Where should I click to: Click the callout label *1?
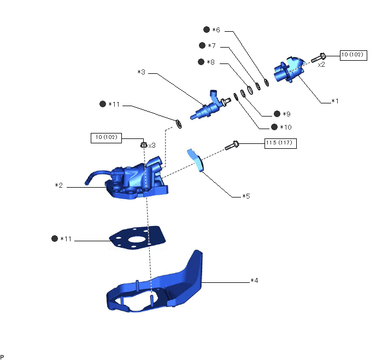click(335, 101)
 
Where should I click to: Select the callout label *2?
click(58, 186)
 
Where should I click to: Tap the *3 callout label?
click(141, 72)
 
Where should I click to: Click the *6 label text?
click(216, 30)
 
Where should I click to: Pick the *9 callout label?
click(285, 114)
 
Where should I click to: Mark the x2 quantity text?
click(321, 64)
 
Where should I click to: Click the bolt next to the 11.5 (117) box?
click(232, 145)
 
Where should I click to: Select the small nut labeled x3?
click(143, 145)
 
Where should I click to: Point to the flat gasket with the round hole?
click(136, 237)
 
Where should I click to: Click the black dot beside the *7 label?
click(203, 46)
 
